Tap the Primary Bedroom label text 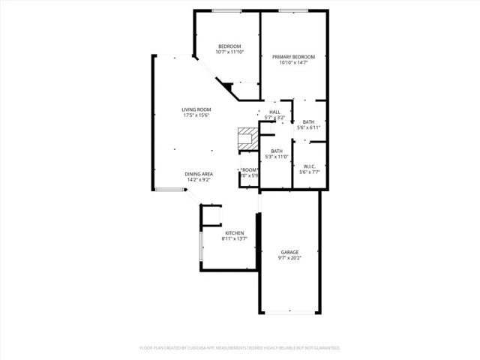[x=293, y=57]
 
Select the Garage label [x=289, y=252]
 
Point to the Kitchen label [x=235, y=233]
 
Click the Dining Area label [x=199, y=174]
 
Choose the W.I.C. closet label [x=309, y=166]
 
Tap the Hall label [x=275, y=112]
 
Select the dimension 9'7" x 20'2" [x=289, y=258]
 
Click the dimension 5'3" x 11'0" [x=277, y=157]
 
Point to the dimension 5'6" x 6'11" [x=308, y=127]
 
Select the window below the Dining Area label [x=171, y=191]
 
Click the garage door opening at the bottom [x=289, y=313]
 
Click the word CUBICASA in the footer [x=193, y=348]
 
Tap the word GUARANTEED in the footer [x=325, y=348]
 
